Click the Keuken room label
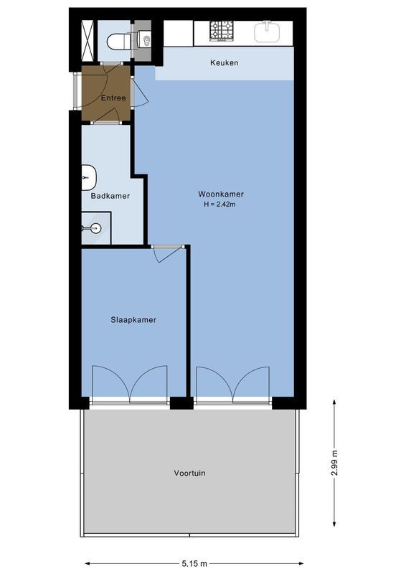[224, 63]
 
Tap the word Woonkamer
[221, 194]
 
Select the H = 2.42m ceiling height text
[221, 205]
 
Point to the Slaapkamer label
[133, 320]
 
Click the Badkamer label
[110, 196]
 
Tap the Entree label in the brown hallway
[113, 98]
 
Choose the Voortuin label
[189, 473]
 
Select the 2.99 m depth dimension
[335, 462]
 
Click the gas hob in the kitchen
[222, 30]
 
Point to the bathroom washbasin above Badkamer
[88, 176]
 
